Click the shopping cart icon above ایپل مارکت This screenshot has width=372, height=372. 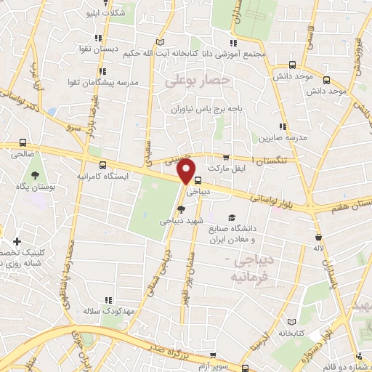(226, 157)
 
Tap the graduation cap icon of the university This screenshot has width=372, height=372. (232, 218)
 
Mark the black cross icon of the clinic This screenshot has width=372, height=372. (17, 240)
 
